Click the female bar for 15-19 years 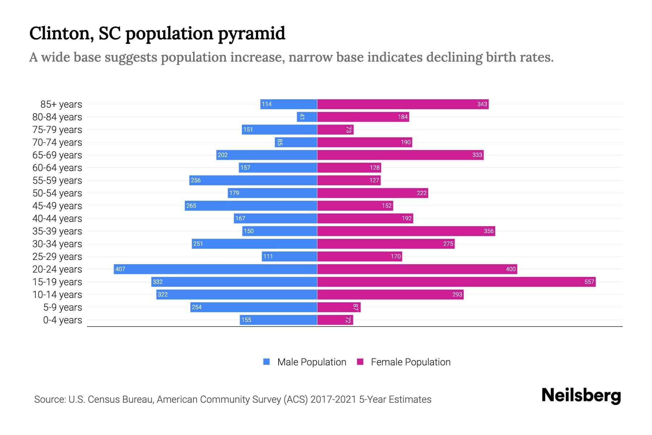[x=456, y=282]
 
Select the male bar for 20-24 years [x=216, y=269]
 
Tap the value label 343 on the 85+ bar [x=482, y=104]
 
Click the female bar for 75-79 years [x=335, y=129]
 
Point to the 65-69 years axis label [x=57, y=155]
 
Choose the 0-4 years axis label [x=62, y=320]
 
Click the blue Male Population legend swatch [x=267, y=362]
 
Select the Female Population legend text [x=410, y=362]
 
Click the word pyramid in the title [x=251, y=33]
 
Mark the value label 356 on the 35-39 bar [x=488, y=231]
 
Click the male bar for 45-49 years [x=251, y=206]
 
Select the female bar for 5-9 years [x=339, y=307]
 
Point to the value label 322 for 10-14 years [x=163, y=294]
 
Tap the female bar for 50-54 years [x=372, y=193]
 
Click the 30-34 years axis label [x=57, y=244]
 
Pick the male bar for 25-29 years [x=290, y=256]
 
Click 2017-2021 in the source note [x=333, y=399]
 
